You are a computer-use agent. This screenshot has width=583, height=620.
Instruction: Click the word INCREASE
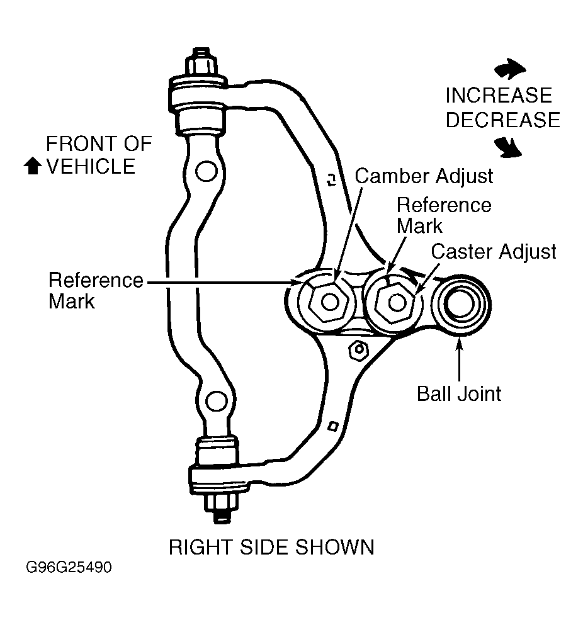click(499, 95)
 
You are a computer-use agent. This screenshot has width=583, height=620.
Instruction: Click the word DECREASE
click(502, 120)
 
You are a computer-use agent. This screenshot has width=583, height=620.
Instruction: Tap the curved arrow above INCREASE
click(510, 69)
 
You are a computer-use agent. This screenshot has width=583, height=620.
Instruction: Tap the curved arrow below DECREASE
click(508, 148)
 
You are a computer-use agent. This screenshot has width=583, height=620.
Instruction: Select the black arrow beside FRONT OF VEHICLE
click(33, 166)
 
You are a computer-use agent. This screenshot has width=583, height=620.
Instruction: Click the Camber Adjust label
click(424, 176)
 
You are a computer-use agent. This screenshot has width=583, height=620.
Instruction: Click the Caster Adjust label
click(493, 252)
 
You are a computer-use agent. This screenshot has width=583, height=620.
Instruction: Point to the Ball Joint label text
click(459, 394)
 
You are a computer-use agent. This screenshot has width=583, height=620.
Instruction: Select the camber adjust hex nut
click(329, 303)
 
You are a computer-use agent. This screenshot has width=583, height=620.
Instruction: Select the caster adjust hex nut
click(396, 303)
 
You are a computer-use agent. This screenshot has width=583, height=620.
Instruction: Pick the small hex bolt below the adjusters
click(359, 350)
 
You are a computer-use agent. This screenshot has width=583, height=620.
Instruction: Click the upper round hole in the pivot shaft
click(206, 172)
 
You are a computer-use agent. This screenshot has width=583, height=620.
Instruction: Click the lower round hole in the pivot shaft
click(217, 402)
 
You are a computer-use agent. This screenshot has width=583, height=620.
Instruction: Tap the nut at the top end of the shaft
click(201, 62)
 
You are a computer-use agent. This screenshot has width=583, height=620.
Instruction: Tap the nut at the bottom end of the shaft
click(221, 508)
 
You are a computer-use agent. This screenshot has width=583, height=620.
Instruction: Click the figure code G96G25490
click(69, 567)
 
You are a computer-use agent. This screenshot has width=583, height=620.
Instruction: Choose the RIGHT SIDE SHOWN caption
click(271, 547)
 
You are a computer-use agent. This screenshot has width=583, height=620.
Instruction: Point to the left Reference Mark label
click(96, 291)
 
